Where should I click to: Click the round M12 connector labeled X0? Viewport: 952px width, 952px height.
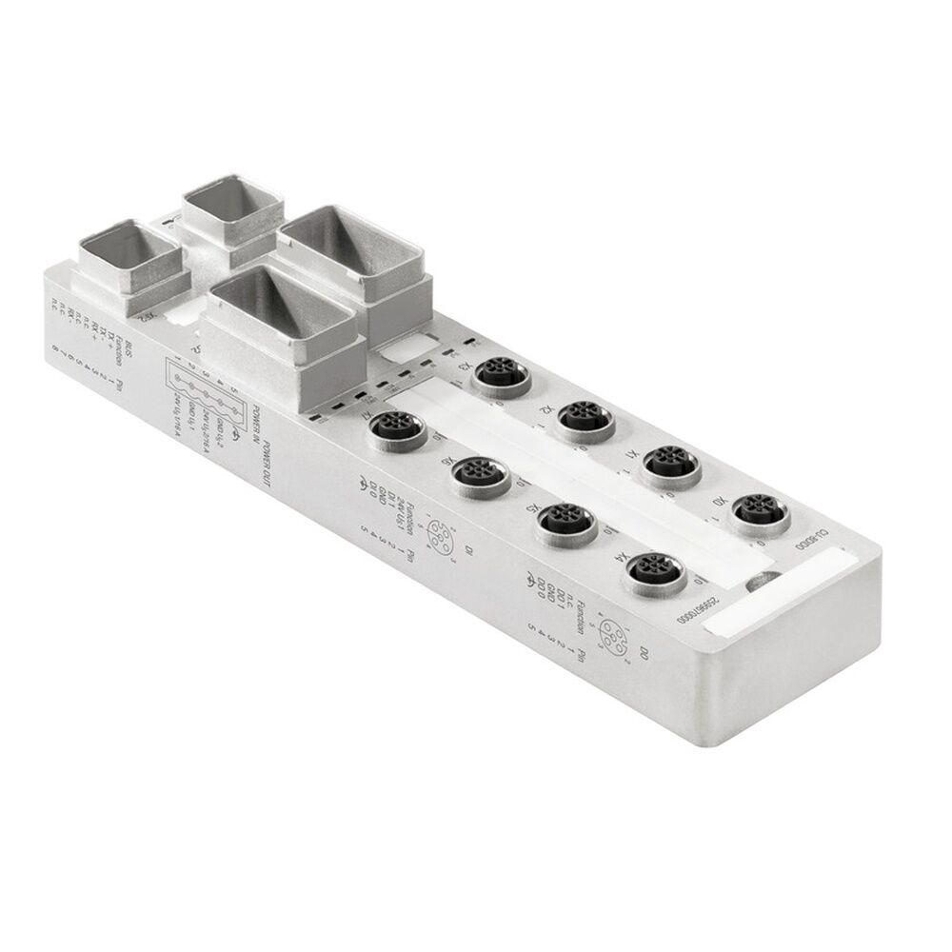pyautogui.click(x=759, y=512)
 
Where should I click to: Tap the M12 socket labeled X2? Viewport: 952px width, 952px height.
pyautogui.click(x=585, y=415)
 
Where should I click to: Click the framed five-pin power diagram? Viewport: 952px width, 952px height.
pyautogui.click(x=206, y=392)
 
